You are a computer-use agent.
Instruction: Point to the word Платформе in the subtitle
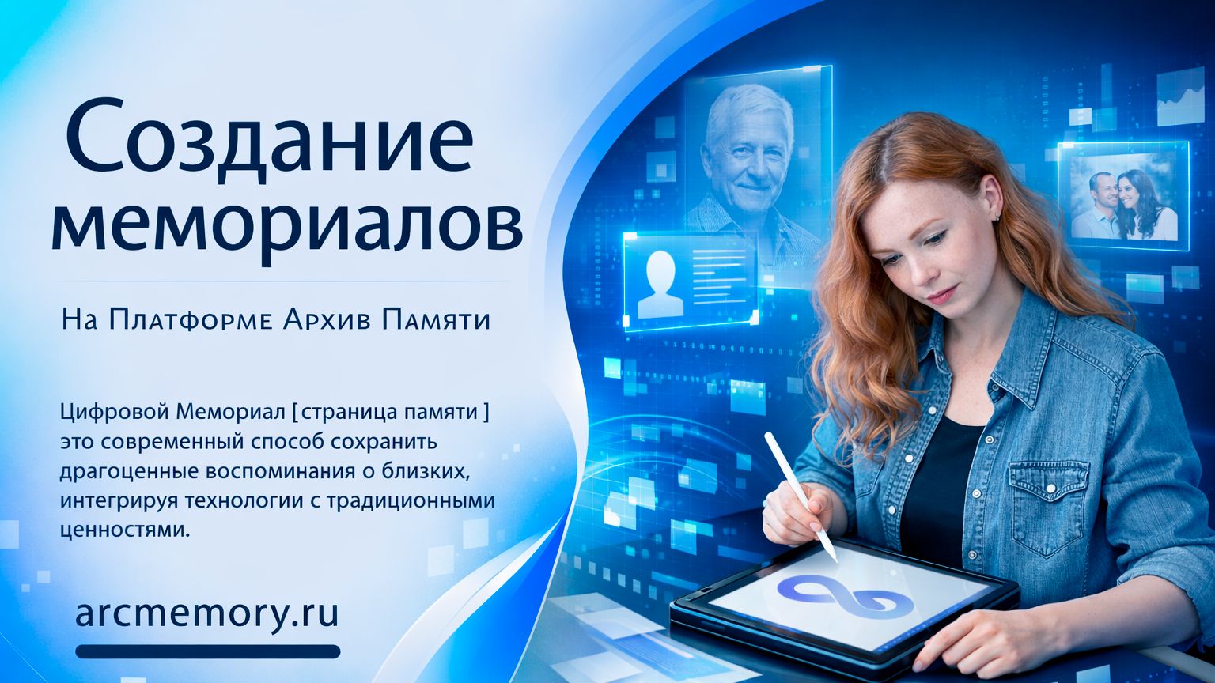(x=186, y=319)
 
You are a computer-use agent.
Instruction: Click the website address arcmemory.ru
(x=206, y=613)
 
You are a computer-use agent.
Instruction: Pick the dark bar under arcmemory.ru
(x=208, y=651)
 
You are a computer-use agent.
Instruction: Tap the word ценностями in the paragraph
(x=125, y=529)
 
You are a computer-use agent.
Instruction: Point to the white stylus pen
(x=800, y=495)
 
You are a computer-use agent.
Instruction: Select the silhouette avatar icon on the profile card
(x=660, y=283)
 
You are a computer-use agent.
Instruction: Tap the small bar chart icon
(x=1181, y=97)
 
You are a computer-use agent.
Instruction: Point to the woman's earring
(x=997, y=215)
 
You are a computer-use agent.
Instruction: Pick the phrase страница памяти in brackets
(x=392, y=412)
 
